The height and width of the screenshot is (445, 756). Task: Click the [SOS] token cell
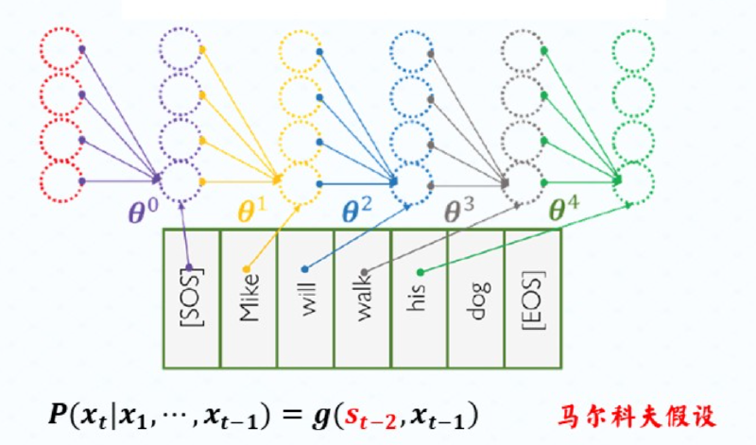pos(192,298)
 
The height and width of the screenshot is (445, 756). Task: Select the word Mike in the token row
pos(249,298)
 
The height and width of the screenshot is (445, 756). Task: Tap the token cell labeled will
pos(305,298)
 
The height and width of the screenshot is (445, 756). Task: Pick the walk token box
pos(362,298)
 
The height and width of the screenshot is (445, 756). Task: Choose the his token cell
pos(420,298)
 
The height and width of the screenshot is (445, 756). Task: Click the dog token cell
pos(476,298)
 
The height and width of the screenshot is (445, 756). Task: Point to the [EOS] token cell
pos(533,298)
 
